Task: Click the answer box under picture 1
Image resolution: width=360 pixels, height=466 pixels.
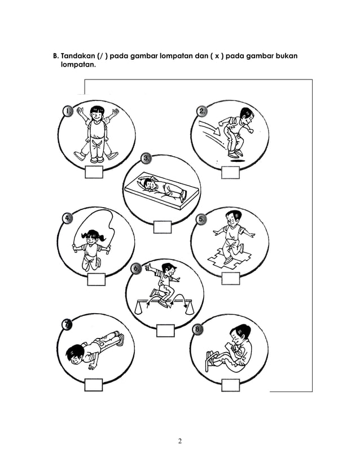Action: [94, 173]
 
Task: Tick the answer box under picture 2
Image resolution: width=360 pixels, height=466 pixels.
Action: [230, 173]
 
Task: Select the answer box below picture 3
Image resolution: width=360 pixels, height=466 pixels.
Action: [162, 227]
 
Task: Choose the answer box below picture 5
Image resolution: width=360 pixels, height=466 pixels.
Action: [230, 278]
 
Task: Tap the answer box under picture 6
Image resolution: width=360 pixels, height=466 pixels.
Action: [165, 331]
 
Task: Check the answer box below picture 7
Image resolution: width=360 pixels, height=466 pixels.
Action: [93, 385]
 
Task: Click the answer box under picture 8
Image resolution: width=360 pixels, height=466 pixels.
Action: [230, 385]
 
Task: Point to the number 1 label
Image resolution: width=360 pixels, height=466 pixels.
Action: [67, 111]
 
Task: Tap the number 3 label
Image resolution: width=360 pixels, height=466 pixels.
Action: [146, 158]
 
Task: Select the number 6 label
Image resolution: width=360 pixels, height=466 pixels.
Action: [136, 269]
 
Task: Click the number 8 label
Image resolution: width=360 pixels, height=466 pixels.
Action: [197, 329]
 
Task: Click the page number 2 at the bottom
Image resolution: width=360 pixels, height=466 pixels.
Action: [179, 441]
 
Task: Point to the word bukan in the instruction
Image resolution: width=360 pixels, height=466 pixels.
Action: [286, 56]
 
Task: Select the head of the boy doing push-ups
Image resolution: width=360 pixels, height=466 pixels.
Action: [75, 357]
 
